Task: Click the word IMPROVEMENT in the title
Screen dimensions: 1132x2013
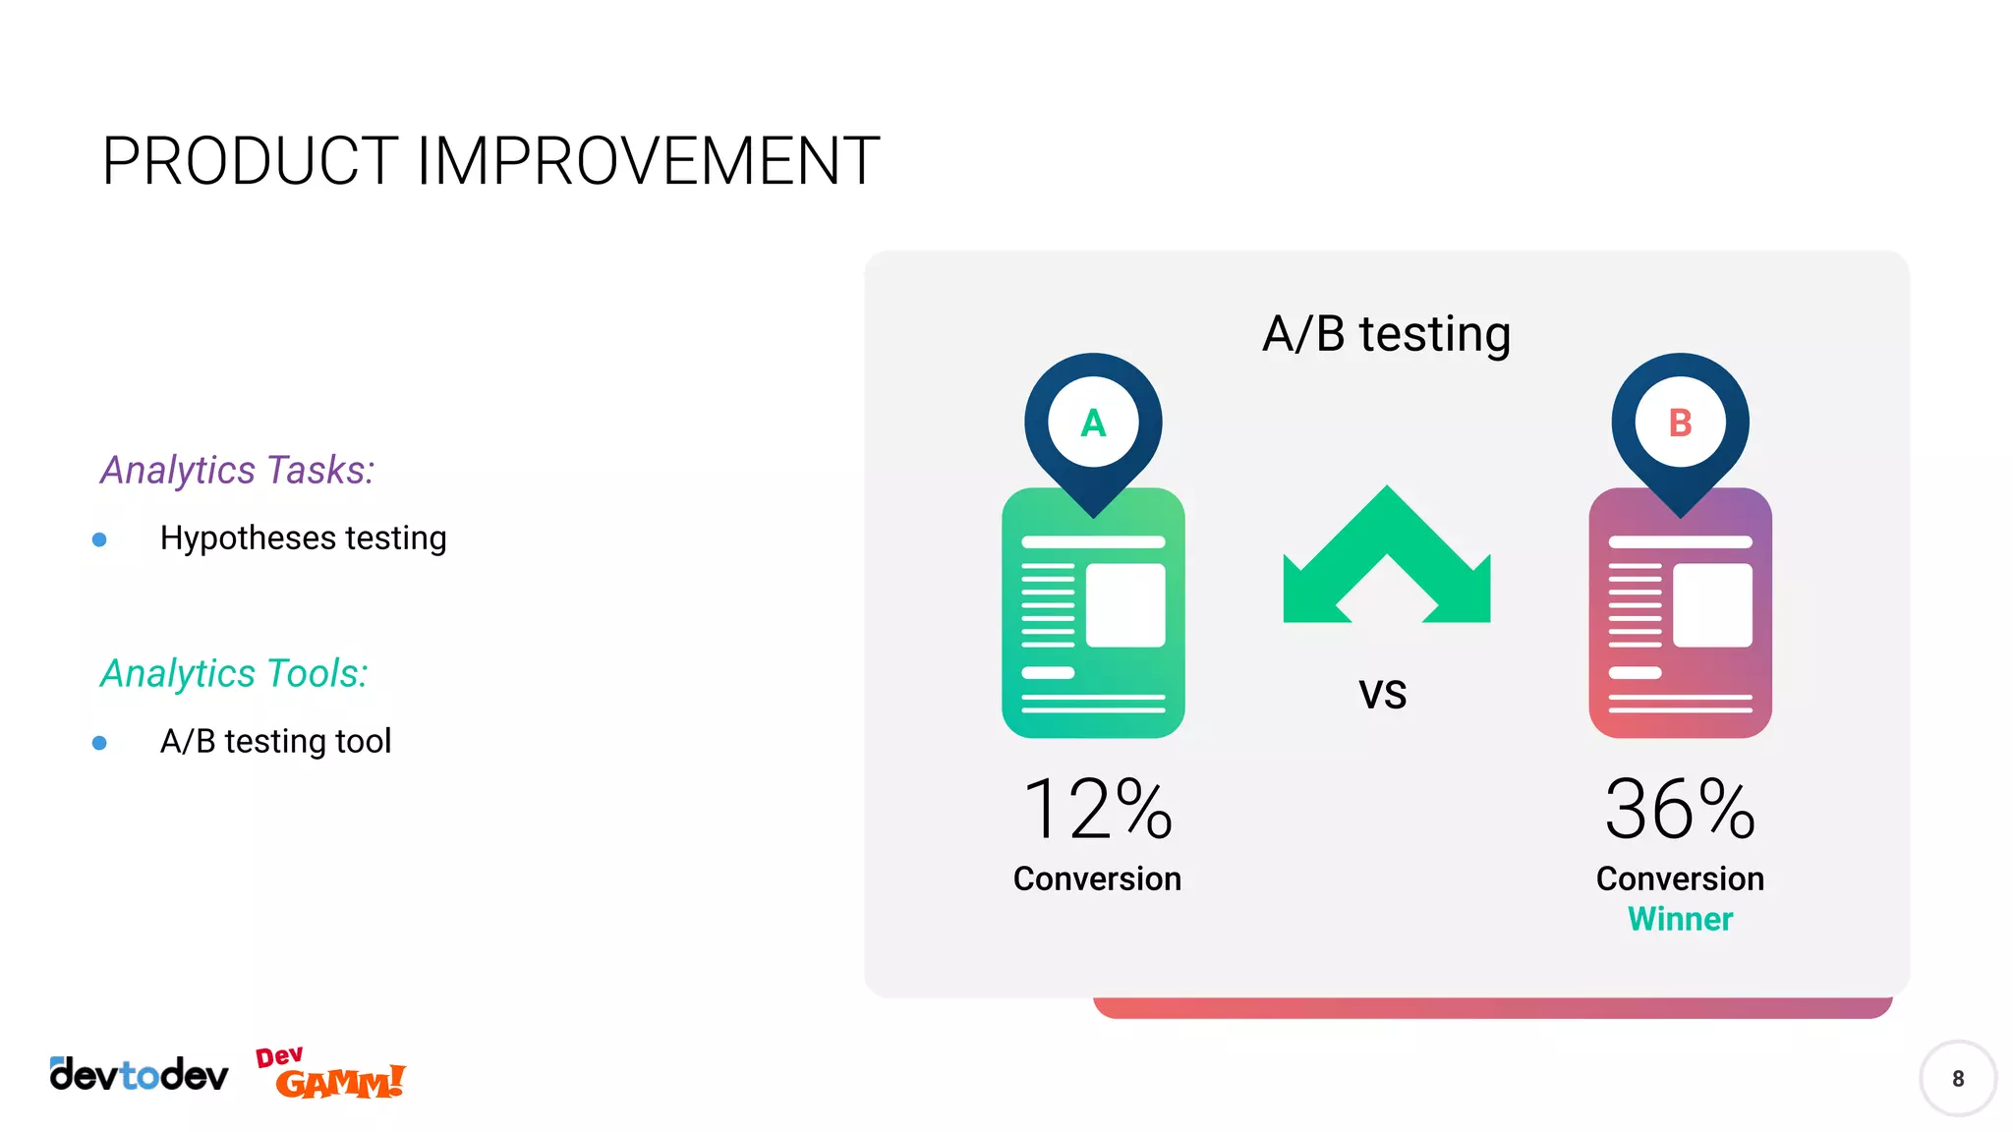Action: coord(648,162)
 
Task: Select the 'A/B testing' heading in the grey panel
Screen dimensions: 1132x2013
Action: coord(1386,334)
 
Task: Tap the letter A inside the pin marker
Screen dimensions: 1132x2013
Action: coord(1093,424)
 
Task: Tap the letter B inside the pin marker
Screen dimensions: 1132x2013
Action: coord(1680,424)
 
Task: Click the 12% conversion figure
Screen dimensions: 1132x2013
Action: coord(1097,810)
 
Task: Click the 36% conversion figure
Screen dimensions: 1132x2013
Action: coord(1680,810)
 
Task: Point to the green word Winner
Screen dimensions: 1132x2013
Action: coord(1680,920)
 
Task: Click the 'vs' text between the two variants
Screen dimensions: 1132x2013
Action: coord(1383,694)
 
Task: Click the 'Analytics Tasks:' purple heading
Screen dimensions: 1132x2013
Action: coord(237,471)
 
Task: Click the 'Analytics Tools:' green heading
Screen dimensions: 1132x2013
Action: coord(234,674)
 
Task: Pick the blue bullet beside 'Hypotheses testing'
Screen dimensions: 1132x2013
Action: coord(99,539)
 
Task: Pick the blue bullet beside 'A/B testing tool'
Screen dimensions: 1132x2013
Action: coord(99,743)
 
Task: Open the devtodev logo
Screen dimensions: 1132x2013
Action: coord(139,1075)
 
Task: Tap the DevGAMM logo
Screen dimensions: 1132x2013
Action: coord(331,1074)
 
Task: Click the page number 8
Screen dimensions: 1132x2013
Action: coord(1957,1079)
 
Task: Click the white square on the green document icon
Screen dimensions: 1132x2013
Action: coord(1125,605)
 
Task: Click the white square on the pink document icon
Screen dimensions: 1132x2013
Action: coord(1712,605)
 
